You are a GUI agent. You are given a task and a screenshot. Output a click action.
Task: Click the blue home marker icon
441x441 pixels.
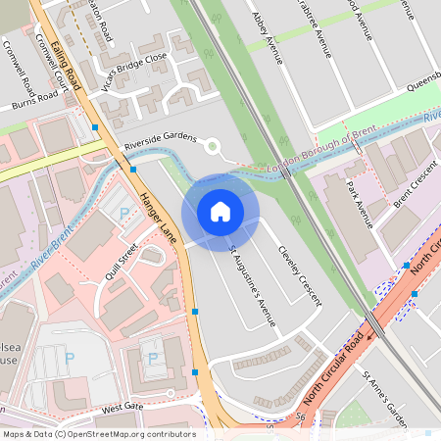coord(220,212)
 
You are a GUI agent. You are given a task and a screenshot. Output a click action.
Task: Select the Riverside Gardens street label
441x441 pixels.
coord(161,143)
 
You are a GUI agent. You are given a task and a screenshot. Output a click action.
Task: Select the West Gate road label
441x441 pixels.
coord(122,405)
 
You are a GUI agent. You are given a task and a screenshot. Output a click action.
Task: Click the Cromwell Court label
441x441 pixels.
coord(53,64)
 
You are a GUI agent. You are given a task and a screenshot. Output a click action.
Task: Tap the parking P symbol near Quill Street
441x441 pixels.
coord(123,214)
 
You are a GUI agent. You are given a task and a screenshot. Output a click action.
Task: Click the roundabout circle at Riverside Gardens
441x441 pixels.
coord(212,147)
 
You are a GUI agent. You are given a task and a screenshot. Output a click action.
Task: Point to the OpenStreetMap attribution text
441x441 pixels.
coord(98,433)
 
